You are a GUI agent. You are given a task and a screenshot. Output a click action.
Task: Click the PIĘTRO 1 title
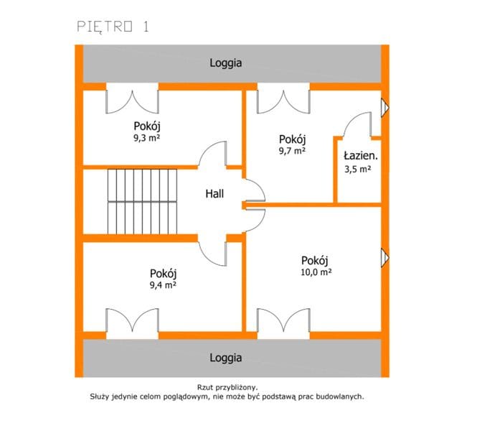pyautogui.click(x=113, y=27)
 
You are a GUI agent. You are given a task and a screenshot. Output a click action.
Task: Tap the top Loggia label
pyautogui.click(x=226, y=63)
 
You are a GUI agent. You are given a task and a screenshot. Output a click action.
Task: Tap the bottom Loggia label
pyautogui.click(x=226, y=357)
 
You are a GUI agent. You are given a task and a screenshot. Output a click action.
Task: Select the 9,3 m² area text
pyautogui.click(x=147, y=138)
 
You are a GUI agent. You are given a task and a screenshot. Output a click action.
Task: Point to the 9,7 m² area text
pyautogui.click(x=293, y=150)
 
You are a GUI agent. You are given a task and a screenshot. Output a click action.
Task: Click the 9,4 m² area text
pyautogui.click(x=164, y=284)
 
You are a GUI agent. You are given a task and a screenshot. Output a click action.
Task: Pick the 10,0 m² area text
pyautogui.click(x=316, y=272)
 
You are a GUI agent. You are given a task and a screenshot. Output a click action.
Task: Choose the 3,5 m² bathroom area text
pyautogui.click(x=358, y=169)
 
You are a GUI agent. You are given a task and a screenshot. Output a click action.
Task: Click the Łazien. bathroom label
pyautogui.click(x=361, y=156)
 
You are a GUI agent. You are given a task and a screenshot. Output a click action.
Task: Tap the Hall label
pyautogui.click(x=214, y=194)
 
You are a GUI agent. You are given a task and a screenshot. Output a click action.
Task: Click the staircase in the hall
pyautogui.click(x=142, y=202)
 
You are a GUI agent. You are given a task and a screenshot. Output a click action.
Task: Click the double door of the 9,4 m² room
pyautogui.click(x=132, y=323)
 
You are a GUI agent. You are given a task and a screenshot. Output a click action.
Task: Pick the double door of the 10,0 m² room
pyautogui.click(x=283, y=323)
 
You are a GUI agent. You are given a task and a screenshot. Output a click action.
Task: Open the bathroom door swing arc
pyautogui.click(x=353, y=119)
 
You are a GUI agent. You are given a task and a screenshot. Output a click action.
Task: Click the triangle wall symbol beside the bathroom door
pyautogui.click(x=384, y=108)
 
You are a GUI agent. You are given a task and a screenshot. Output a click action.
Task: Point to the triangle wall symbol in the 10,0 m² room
pyautogui.click(x=384, y=258)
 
